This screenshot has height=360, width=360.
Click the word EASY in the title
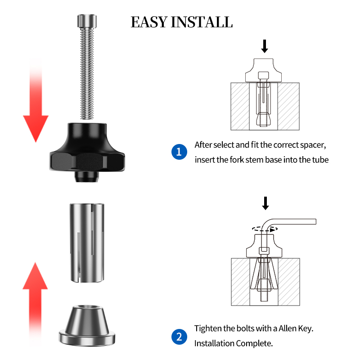(149, 22)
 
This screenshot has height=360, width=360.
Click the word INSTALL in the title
(202, 22)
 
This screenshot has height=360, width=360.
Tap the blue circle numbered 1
(179, 152)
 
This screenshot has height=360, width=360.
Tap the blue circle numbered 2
(179, 337)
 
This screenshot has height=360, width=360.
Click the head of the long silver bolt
(87, 21)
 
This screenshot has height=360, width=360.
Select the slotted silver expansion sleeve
(87, 243)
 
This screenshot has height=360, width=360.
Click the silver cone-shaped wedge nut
(87, 325)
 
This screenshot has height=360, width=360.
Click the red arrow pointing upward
(35, 303)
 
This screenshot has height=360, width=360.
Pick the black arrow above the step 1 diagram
(265, 46)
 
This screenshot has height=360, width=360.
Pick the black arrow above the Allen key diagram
(265, 203)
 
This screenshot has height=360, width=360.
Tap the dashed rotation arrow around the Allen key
(265, 229)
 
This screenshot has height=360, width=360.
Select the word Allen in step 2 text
(288, 328)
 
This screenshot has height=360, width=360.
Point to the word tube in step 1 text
(320, 160)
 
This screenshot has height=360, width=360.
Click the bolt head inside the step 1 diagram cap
(263, 75)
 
